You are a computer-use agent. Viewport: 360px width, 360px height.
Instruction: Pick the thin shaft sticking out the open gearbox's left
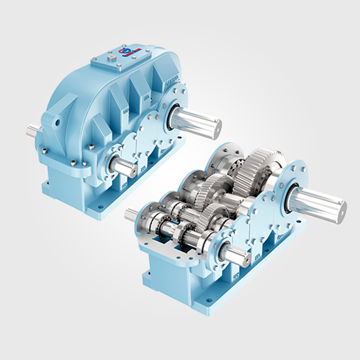pyautogui.click(x=132, y=214)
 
